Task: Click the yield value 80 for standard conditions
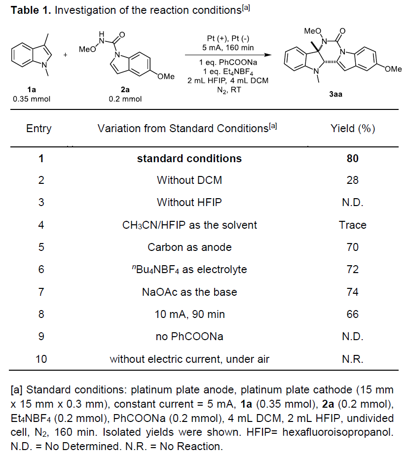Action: tap(352, 159)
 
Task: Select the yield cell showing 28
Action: tap(352, 180)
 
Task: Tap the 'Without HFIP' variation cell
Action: tap(189, 203)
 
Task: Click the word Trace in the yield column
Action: tap(352, 225)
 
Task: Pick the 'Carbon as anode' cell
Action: tap(189, 247)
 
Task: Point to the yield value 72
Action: tap(352, 270)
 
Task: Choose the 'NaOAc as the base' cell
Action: tap(189, 292)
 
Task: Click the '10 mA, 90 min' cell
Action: tap(189, 314)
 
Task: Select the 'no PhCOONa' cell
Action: tap(189, 337)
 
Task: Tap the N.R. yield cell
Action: tap(352, 359)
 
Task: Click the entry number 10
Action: tap(41, 359)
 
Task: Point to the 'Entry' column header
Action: tap(38, 129)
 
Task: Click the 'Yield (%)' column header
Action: tap(352, 129)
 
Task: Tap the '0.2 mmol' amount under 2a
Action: tap(125, 99)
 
